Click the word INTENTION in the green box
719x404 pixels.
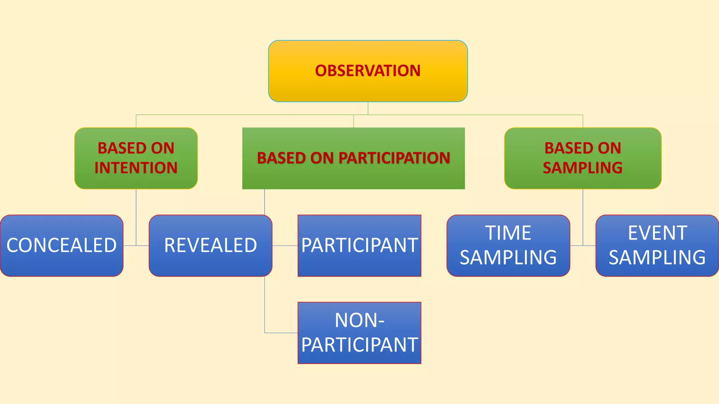pyautogui.click(x=136, y=168)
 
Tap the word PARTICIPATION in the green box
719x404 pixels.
pyautogui.click(x=394, y=158)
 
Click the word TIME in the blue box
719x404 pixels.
pyautogui.click(x=508, y=233)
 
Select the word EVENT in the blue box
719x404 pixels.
pyautogui.click(x=657, y=233)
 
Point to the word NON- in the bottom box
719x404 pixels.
pyautogui.click(x=359, y=320)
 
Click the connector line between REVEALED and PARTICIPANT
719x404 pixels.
pyautogui.click(x=285, y=245)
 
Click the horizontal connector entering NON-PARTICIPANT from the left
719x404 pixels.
pyautogui.click(x=281, y=333)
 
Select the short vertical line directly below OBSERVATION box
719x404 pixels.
pyautogui.click(x=368, y=108)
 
